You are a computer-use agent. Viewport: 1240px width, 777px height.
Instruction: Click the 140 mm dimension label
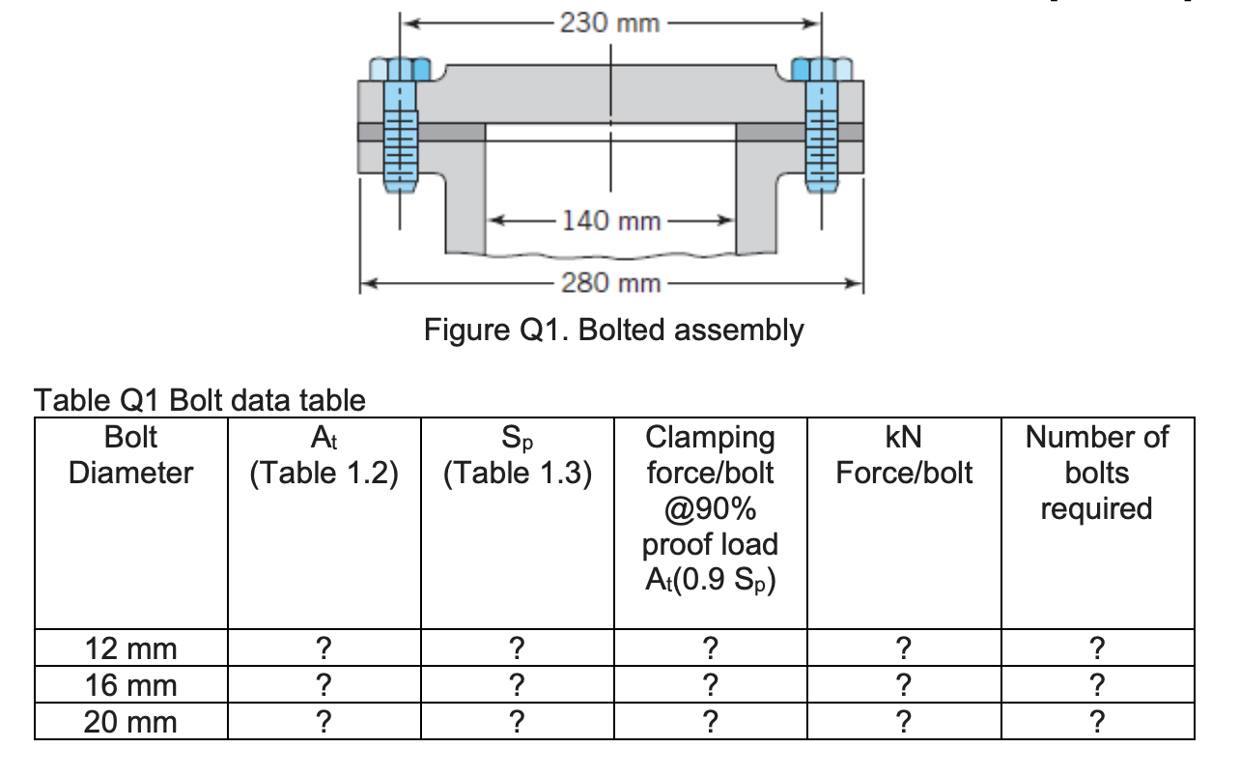[x=612, y=221]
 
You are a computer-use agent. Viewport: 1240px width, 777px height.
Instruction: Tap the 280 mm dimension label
[x=612, y=283]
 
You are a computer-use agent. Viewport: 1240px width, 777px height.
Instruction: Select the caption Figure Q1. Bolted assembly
[x=613, y=331]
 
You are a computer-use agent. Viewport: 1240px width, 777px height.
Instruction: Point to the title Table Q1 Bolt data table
[x=200, y=399]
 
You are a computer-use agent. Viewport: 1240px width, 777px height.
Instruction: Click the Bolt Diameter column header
[x=130, y=455]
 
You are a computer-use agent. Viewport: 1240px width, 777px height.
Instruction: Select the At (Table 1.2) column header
[x=324, y=455]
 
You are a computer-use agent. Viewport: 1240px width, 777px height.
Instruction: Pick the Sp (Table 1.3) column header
[x=517, y=455]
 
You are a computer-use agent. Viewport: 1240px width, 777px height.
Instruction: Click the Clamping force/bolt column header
[x=710, y=508]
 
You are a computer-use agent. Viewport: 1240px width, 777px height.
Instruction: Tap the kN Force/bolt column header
[x=903, y=455]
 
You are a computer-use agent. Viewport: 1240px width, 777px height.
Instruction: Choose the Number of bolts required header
[x=1096, y=473]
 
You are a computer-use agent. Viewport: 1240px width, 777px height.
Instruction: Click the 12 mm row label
[x=130, y=648]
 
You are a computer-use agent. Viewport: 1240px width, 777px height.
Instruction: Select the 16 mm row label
[x=130, y=685]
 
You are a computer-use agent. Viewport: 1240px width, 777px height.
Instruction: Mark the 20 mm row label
[x=130, y=722]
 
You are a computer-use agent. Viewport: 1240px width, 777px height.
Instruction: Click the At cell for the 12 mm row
[x=324, y=648]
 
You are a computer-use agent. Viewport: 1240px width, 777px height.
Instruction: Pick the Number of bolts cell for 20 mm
[x=1096, y=722]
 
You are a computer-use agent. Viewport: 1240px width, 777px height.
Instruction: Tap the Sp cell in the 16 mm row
[x=517, y=685]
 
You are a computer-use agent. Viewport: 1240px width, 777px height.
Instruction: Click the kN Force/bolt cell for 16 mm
[x=903, y=685]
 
